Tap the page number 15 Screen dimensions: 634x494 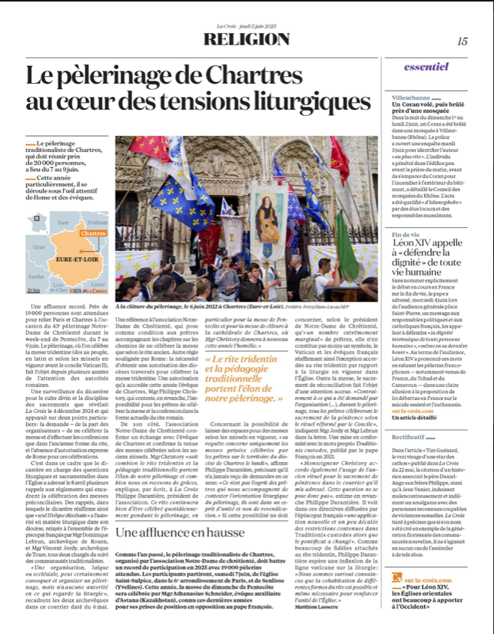[x=462, y=41]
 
